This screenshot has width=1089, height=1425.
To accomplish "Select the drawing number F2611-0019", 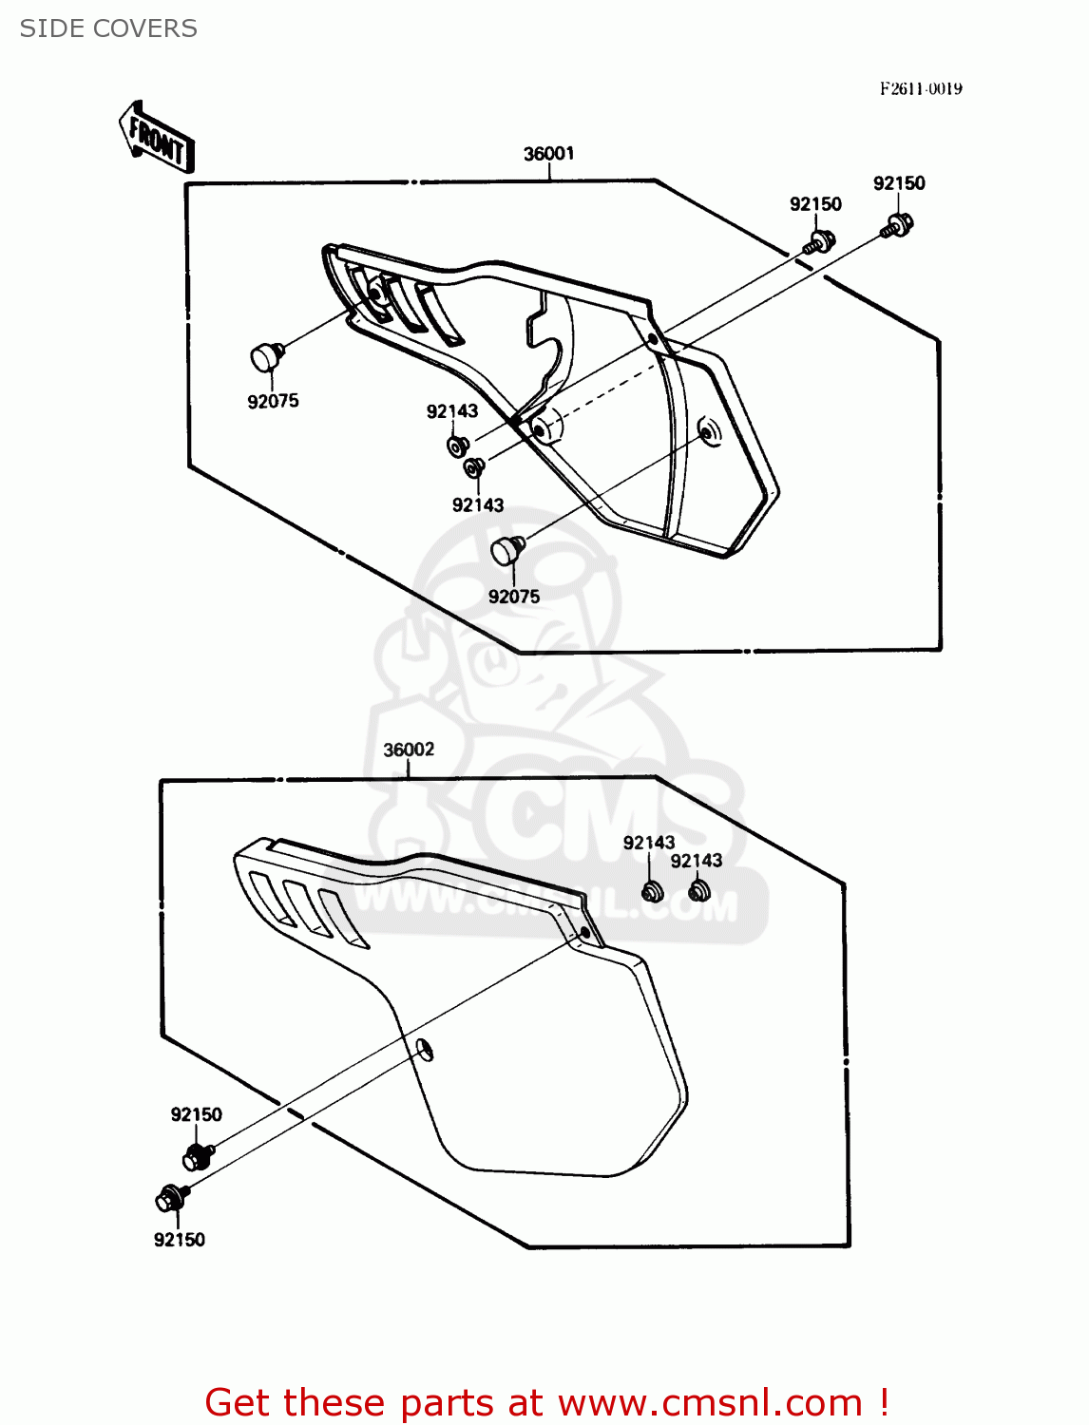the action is pos(920,88).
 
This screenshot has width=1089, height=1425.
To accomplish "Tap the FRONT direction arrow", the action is pos(157,139).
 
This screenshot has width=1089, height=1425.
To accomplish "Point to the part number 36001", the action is pos(548,154).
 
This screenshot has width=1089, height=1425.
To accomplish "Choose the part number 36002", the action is pos(409,750).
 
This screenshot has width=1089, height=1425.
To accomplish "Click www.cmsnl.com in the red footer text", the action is pos(710,1402).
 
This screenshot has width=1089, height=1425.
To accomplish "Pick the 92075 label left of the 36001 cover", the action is pos(273,401).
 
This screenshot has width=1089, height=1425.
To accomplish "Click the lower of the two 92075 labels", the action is pos(513,597).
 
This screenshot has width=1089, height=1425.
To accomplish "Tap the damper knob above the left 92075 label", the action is pos(264,357).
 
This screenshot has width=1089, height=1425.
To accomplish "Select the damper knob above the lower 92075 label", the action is pos(506,548).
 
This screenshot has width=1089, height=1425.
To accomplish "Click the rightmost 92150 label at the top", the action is pos(899,183).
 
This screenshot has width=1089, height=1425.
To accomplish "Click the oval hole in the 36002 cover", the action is pos(424,1049).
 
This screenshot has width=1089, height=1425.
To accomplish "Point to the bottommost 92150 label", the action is pos(179,1239).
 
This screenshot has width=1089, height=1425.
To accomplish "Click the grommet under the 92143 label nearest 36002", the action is pos(651,892).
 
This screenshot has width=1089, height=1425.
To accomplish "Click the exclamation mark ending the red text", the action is pos(883,1401).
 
